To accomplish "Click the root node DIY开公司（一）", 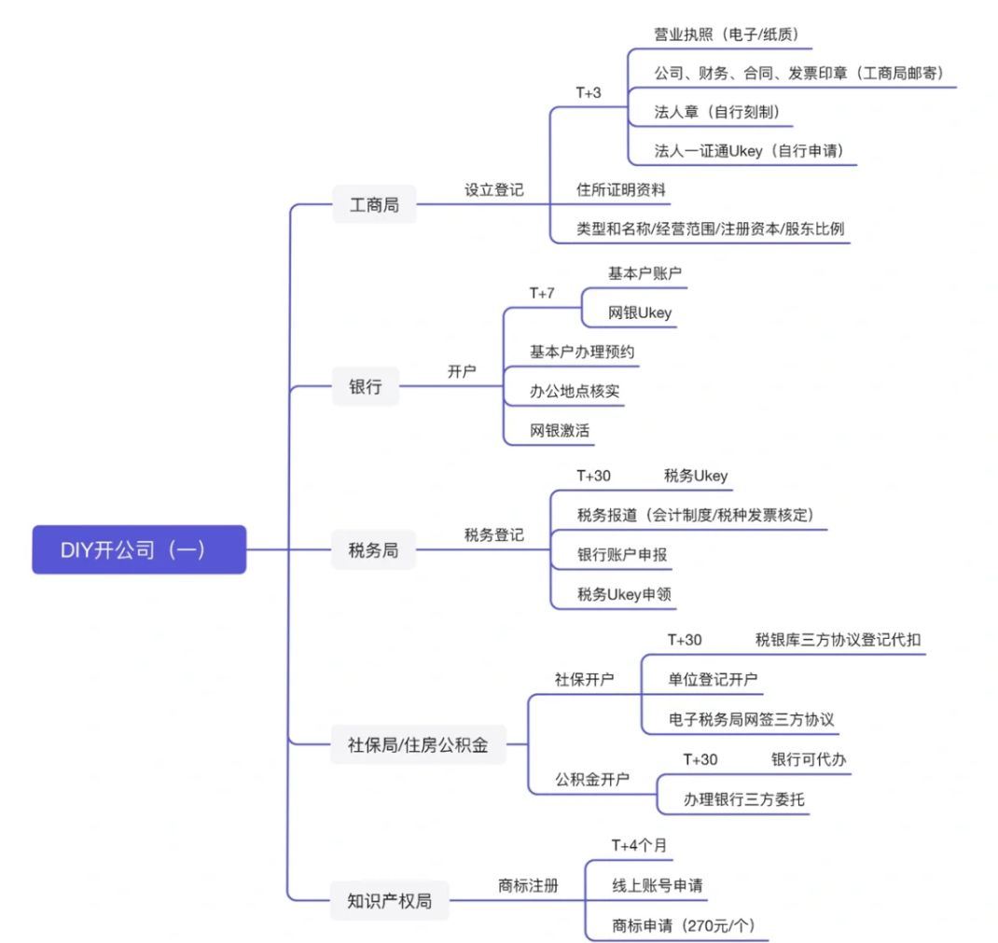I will click(x=139, y=549).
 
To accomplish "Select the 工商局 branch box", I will click(x=374, y=204).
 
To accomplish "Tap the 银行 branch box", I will click(x=366, y=386).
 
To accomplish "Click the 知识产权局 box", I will click(x=390, y=901).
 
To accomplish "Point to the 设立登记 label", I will click(x=494, y=189).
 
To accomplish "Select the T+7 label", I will click(x=542, y=293).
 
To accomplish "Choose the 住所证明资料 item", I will click(x=622, y=189).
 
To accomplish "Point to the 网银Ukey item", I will click(x=640, y=313).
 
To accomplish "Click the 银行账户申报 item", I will click(x=622, y=555).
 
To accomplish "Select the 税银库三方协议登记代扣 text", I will click(x=839, y=639).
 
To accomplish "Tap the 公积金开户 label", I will click(x=592, y=778).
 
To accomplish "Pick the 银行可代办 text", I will click(x=809, y=758).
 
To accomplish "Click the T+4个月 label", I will click(x=639, y=844).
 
